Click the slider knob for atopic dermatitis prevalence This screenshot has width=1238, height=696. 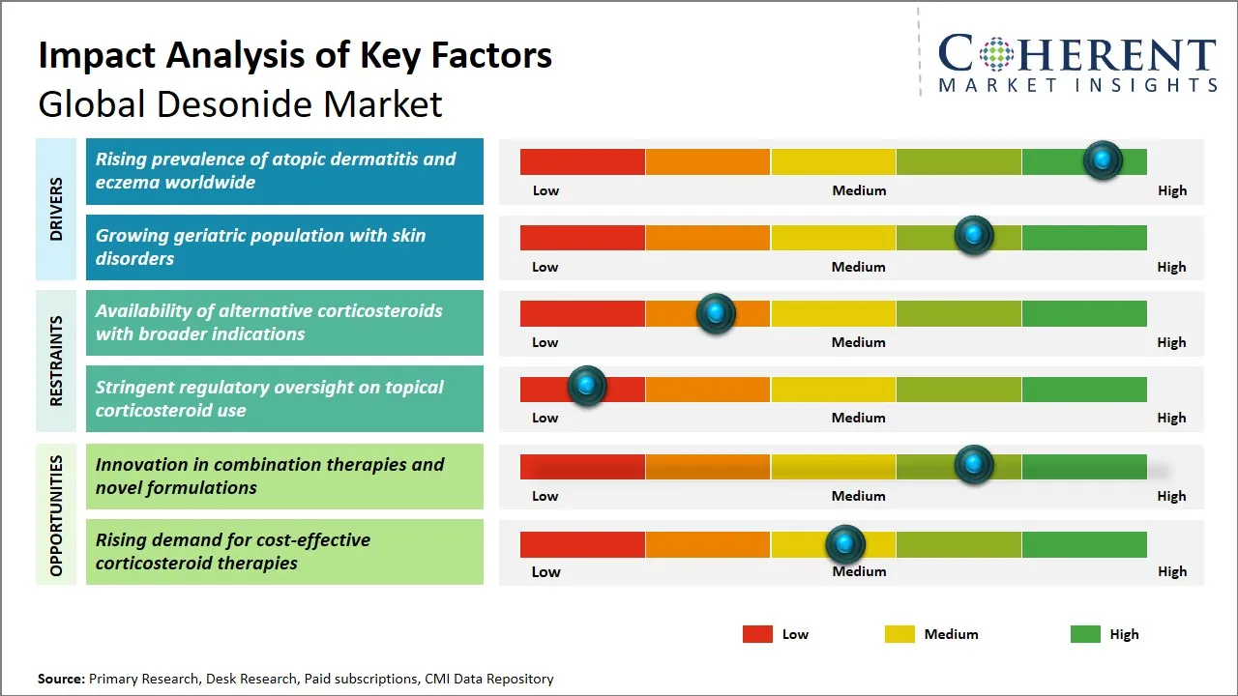[x=1103, y=160]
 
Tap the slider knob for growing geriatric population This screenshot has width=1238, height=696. [x=974, y=235]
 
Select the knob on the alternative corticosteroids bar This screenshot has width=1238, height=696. [x=716, y=313]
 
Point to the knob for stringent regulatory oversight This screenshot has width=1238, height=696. [x=587, y=385]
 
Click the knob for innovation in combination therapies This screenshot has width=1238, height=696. [x=974, y=464]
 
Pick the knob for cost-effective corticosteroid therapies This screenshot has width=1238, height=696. [x=845, y=544]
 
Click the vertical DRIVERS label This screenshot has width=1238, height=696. [x=56, y=209]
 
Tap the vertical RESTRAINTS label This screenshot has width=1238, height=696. [x=56, y=361]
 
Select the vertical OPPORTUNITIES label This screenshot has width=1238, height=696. [x=56, y=515]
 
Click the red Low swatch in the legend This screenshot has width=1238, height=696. [x=757, y=634]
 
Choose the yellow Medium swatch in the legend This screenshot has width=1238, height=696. [x=899, y=634]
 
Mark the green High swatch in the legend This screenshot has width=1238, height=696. [x=1085, y=634]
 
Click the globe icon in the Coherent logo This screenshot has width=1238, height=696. [x=996, y=54]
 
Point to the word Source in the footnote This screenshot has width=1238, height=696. [x=61, y=679]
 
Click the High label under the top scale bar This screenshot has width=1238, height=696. [x=1172, y=190]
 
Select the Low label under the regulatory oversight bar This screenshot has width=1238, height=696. [x=545, y=418]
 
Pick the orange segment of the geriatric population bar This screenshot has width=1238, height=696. [x=707, y=238]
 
